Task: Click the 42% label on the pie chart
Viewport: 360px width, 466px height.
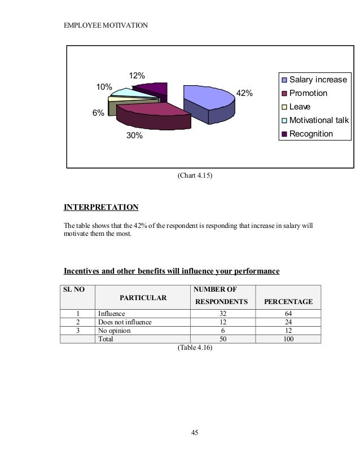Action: click(x=244, y=93)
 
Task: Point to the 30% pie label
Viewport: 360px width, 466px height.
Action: click(x=134, y=136)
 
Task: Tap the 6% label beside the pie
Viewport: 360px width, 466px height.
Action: click(x=98, y=113)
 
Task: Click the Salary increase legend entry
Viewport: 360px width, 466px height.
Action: click(x=318, y=80)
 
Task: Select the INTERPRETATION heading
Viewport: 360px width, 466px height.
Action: click(x=101, y=207)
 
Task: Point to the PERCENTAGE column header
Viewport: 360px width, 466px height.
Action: click(x=289, y=302)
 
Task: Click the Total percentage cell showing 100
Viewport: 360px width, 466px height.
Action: click(x=288, y=339)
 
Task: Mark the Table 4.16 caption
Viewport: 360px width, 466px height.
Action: click(x=195, y=348)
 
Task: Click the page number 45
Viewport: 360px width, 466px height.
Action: click(x=195, y=433)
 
